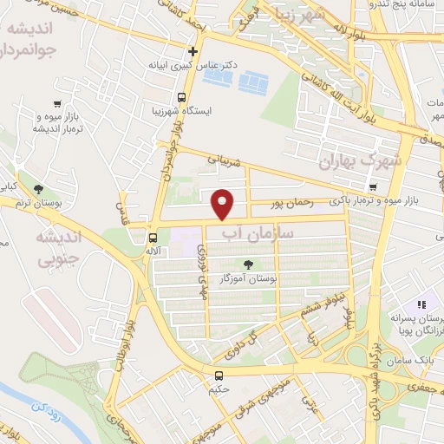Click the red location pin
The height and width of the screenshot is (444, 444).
(x=224, y=205)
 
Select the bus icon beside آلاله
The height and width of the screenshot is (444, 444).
(x=153, y=237)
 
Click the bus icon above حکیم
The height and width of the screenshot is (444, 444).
(x=219, y=375)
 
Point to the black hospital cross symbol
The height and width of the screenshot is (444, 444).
(x=193, y=50)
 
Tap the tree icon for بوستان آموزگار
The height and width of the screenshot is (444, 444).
(x=262, y=265)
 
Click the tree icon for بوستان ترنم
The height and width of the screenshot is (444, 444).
(x=37, y=188)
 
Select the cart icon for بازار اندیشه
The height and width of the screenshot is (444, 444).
(x=57, y=101)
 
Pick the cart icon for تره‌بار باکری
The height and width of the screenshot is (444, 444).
(x=372, y=187)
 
